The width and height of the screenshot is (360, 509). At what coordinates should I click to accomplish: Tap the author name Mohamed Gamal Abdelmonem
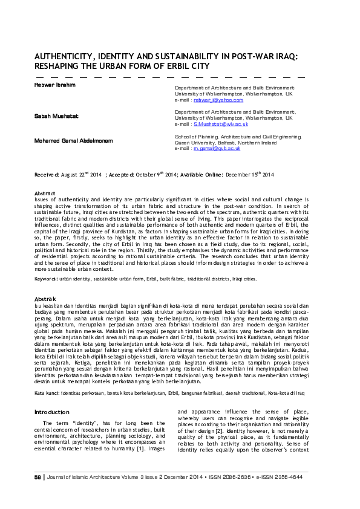click(69, 140)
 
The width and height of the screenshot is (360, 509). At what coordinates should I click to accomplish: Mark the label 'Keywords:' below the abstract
click(47, 279)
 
